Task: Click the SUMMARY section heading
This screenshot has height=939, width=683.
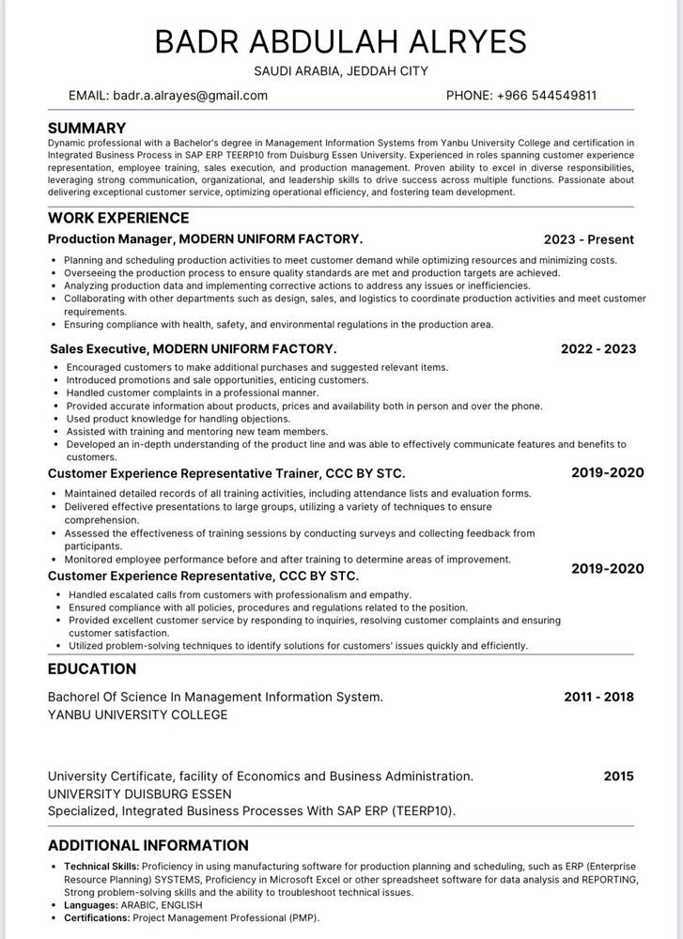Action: [x=86, y=128]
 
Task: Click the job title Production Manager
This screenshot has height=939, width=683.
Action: [x=111, y=239]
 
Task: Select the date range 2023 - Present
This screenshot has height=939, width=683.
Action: [x=588, y=239]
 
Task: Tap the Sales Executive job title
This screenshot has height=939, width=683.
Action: [x=100, y=348]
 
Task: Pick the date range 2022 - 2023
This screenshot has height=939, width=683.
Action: [x=598, y=348]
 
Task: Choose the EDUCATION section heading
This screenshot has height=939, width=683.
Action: [x=92, y=669]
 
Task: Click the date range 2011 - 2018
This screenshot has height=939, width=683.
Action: [x=598, y=697]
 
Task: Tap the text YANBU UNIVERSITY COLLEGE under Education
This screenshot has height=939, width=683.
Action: [x=137, y=715]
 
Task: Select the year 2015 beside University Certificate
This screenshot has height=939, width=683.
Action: [x=618, y=777]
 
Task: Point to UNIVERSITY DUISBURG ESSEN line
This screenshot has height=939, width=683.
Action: [x=139, y=793]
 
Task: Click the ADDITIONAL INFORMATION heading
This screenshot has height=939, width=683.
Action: [x=147, y=845]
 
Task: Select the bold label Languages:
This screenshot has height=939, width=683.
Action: [x=90, y=904]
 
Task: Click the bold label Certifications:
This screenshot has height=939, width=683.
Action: [x=97, y=917]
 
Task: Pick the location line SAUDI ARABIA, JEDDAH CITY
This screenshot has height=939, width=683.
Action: [x=341, y=71]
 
